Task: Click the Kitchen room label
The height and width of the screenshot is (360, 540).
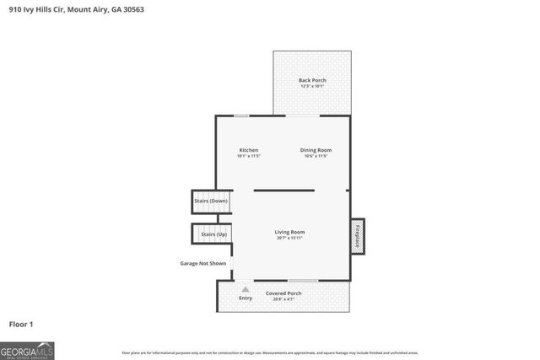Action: [x=248, y=150]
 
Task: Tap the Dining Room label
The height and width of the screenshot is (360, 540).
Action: [x=316, y=150]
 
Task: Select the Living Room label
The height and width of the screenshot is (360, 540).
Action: [x=289, y=232]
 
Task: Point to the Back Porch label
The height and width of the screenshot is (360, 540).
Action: [x=312, y=80]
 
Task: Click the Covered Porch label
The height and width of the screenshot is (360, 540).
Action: [x=283, y=293]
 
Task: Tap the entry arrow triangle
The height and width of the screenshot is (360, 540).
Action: [x=246, y=289]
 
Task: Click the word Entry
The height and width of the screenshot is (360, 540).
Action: [x=246, y=298]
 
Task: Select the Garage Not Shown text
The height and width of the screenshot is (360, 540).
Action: [x=202, y=263]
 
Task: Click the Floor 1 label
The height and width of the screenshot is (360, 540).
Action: [x=21, y=324]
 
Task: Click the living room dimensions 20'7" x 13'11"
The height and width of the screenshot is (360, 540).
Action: [x=289, y=239]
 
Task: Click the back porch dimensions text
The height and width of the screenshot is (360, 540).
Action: [x=312, y=86]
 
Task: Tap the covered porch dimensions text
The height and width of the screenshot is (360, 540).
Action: [x=283, y=299]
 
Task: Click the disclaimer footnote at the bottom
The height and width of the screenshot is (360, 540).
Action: [x=269, y=352]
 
